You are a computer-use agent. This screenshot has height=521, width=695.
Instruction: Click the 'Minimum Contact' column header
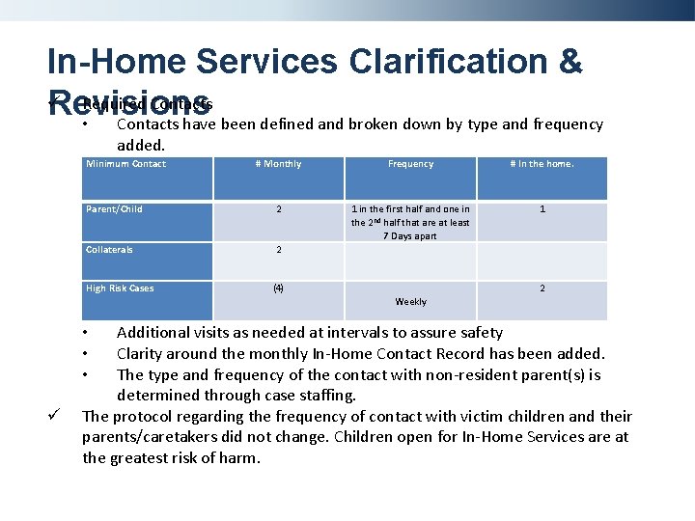pos(125,164)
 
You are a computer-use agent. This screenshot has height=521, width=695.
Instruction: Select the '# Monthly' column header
pos(278,164)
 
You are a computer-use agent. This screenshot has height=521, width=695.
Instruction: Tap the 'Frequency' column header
pos(410,164)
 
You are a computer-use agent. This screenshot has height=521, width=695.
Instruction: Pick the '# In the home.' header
pos(542,164)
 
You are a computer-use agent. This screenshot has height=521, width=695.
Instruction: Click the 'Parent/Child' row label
pos(114,209)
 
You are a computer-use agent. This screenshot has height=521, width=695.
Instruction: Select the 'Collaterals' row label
pos(109,250)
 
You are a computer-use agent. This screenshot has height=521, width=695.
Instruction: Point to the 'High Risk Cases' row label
pos(120,288)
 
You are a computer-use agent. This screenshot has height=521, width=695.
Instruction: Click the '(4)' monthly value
pos(278,288)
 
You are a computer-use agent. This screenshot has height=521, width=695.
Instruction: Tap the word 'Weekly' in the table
pos(410,302)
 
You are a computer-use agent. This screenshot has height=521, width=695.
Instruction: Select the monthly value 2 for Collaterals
pos(278,250)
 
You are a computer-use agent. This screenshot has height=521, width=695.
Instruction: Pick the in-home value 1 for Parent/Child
pos(542,209)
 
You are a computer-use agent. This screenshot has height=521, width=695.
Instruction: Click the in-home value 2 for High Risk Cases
pos(542,288)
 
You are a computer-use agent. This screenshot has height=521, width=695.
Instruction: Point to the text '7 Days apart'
pos(410,236)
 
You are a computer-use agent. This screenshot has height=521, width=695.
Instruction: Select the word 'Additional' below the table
pos(153,333)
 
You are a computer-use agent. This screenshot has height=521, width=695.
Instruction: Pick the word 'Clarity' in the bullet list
pos(142,354)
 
